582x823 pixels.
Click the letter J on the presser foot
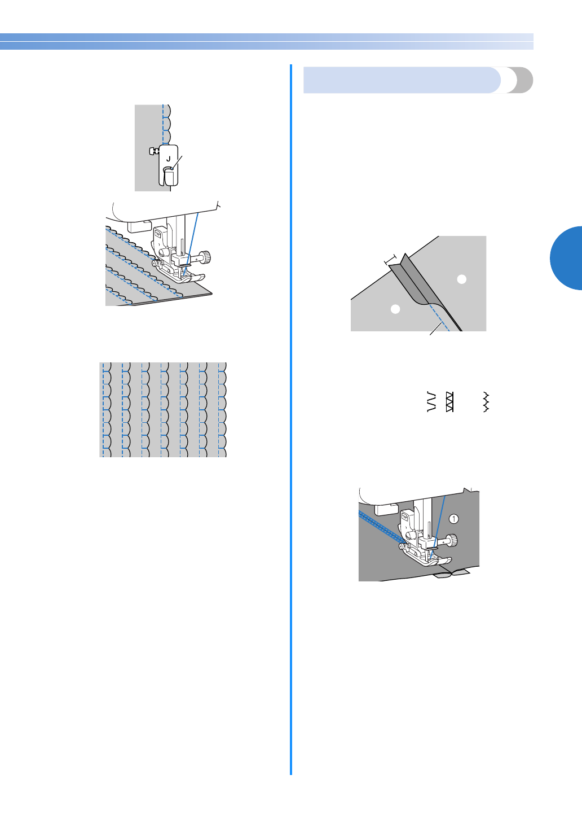(x=168, y=159)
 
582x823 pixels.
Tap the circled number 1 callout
(x=454, y=519)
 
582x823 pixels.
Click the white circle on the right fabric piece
(x=461, y=279)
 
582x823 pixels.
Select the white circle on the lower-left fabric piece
(x=395, y=309)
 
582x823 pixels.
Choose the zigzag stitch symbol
(x=432, y=401)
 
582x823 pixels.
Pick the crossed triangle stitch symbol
(x=449, y=401)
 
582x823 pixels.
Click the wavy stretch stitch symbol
(x=486, y=401)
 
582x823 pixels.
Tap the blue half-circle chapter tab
(x=567, y=258)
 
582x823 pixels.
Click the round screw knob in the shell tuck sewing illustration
(x=208, y=257)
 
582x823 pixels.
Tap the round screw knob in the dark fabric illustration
(x=453, y=540)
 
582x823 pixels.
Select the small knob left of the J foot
(x=152, y=151)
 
